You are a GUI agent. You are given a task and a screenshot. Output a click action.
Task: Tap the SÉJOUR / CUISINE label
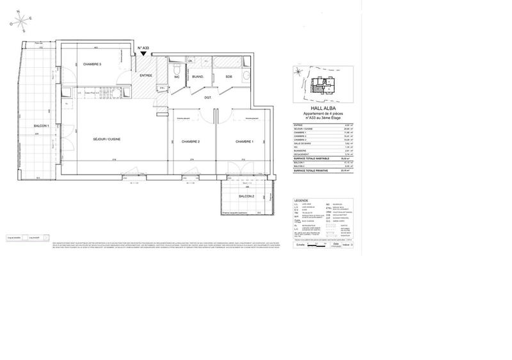click(107, 139)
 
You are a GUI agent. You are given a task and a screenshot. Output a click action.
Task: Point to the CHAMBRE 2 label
click(191, 141)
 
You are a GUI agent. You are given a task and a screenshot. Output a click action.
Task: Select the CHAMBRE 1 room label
click(245, 141)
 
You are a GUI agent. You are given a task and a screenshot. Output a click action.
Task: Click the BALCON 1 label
click(43, 126)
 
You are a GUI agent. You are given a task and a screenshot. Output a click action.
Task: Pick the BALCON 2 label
click(247, 196)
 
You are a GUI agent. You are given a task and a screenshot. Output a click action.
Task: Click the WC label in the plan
click(176, 77)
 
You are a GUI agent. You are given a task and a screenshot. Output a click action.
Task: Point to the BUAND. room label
click(198, 77)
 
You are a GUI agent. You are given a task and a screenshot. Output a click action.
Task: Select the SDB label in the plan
click(228, 77)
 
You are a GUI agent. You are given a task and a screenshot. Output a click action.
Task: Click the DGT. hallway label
click(208, 97)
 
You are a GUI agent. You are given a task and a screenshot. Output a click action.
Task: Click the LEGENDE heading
click(301, 200)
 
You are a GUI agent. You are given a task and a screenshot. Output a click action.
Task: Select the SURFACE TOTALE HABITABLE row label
click(313, 157)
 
